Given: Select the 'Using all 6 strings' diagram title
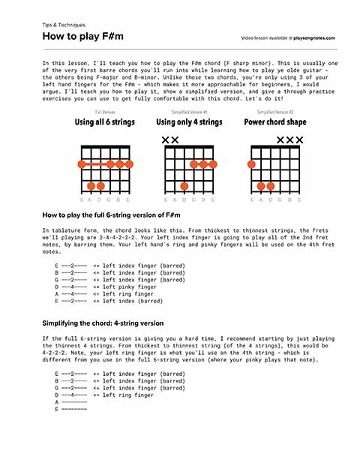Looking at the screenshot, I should point(104,122).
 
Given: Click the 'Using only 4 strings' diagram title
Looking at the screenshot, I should point(188,122).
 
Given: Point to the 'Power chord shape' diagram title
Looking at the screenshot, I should point(274,122).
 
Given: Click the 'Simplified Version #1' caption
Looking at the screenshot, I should point(189,112).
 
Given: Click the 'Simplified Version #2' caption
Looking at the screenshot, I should point(274,112).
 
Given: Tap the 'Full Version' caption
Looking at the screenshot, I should point(104,112).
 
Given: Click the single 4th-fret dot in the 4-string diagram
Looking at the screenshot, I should point(184,185).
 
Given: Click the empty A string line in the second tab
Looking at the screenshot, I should point(71,402).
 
